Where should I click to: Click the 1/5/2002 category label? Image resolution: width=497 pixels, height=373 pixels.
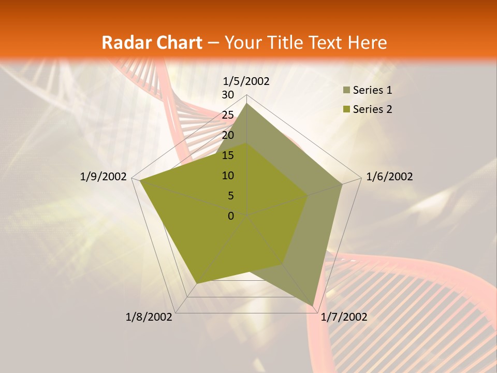(x=246, y=81)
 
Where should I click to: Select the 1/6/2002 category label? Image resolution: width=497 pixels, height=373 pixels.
(x=389, y=177)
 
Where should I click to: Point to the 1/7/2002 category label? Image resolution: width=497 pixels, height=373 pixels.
(x=344, y=317)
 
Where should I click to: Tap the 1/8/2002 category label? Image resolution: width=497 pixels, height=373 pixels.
(x=149, y=317)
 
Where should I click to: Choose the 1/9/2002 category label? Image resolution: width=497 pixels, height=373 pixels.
(x=104, y=177)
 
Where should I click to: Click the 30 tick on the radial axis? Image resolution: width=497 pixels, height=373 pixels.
(x=228, y=95)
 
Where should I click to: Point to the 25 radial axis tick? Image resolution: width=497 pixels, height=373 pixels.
(x=228, y=115)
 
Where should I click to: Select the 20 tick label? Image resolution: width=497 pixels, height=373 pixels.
(x=228, y=135)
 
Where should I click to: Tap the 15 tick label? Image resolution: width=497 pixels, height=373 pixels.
(x=228, y=155)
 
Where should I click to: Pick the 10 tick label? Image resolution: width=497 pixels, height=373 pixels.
(x=228, y=176)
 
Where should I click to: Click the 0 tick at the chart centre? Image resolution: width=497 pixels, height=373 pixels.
(x=231, y=216)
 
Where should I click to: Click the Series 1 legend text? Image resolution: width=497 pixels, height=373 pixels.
(x=372, y=90)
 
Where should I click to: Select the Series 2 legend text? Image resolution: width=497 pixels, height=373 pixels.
(x=372, y=109)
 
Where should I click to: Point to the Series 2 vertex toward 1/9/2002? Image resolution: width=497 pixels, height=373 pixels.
(x=140, y=180)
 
